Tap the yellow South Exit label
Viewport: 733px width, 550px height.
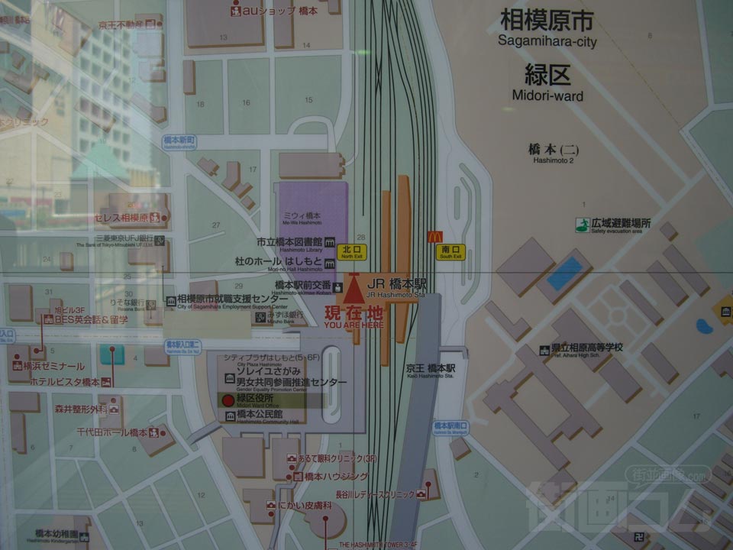point(451,251)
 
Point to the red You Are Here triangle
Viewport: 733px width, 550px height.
point(353,291)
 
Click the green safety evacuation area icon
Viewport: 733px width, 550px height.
point(583,225)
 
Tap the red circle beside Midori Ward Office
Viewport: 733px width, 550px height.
point(227,400)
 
